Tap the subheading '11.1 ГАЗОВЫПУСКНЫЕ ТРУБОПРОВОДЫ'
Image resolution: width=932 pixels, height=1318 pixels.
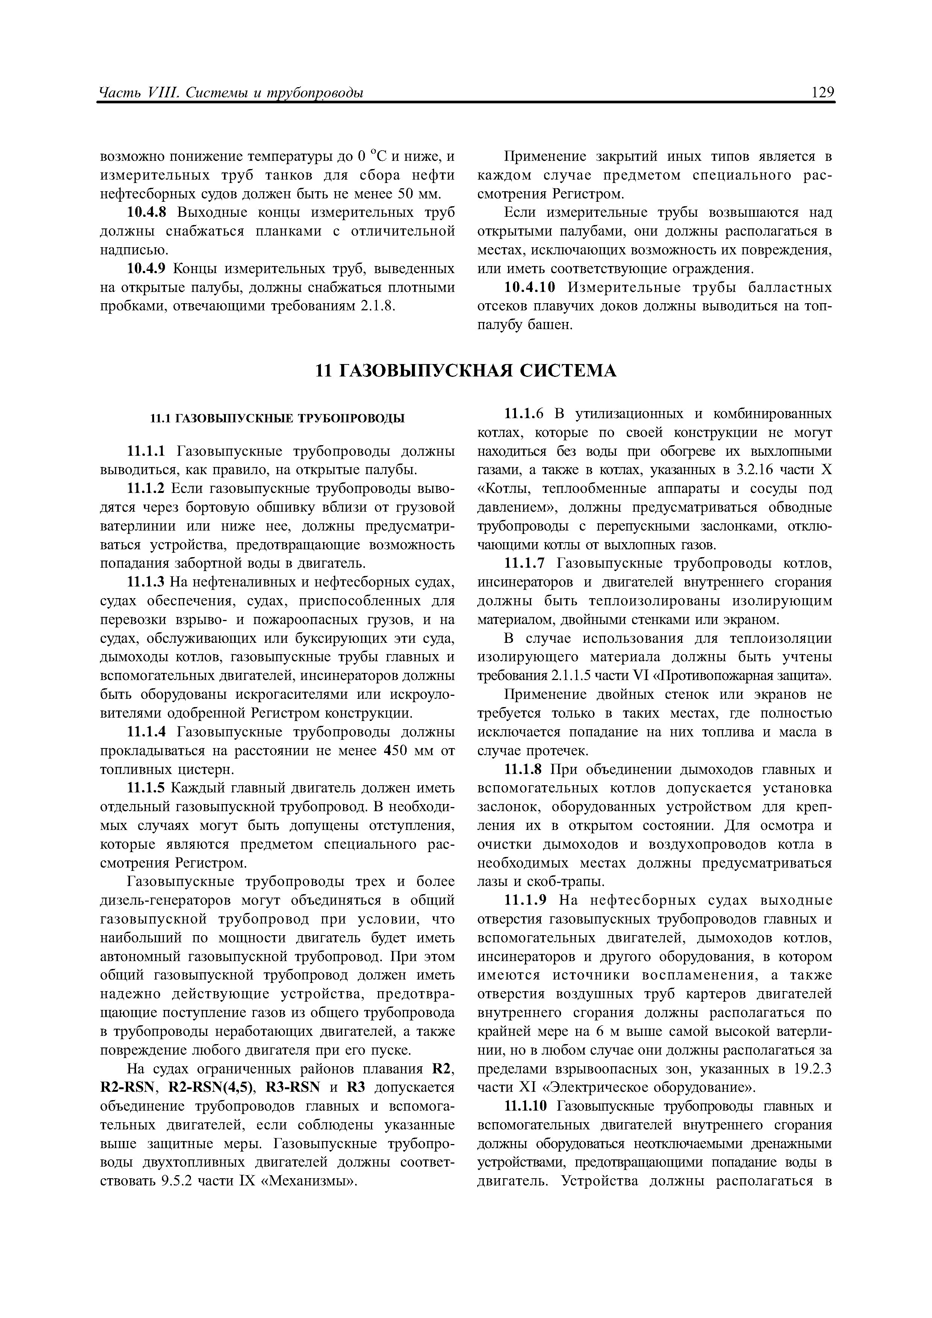(277, 419)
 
